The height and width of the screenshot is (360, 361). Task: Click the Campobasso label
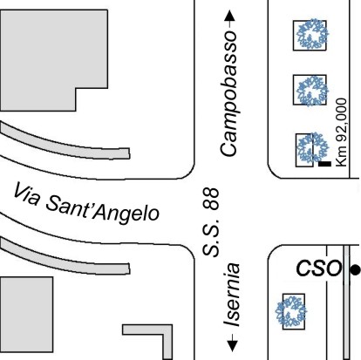[x=228, y=93]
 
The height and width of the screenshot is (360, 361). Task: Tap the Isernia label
[x=232, y=295]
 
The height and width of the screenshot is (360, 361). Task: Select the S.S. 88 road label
[x=210, y=222]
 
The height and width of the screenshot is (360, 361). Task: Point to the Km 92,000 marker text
[x=341, y=132]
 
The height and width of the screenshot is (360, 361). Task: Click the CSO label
[x=318, y=268]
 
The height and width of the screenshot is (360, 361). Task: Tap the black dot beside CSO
[x=355, y=269]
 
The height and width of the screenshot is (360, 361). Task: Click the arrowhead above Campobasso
[x=230, y=16]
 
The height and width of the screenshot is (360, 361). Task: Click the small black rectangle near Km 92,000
[x=324, y=164]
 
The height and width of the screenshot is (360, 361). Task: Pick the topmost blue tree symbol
[x=312, y=34]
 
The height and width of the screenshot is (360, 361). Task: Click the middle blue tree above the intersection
[x=312, y=91]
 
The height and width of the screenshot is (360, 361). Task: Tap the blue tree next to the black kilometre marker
[x=312, y=147]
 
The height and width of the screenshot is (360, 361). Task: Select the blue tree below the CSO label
[x=291, y=311]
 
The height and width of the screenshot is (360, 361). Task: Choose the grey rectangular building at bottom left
[x=26, y=315]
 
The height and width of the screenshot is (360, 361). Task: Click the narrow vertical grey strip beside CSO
[x=346, y=302]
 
